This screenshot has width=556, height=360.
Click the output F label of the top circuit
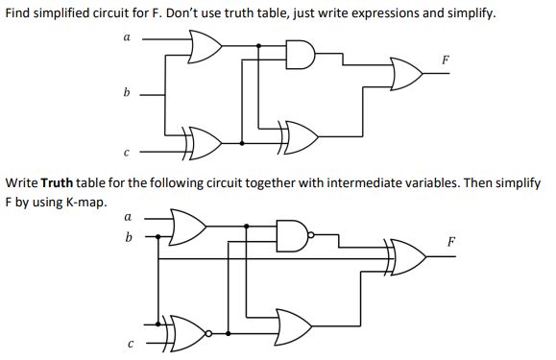(x=445, y=60)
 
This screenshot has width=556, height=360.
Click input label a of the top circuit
(x=126, y=37)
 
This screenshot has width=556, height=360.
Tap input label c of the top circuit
(x=126, y=151)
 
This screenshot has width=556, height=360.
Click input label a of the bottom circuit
(x=129, y=217)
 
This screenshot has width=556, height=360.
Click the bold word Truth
(x=58, y=182)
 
